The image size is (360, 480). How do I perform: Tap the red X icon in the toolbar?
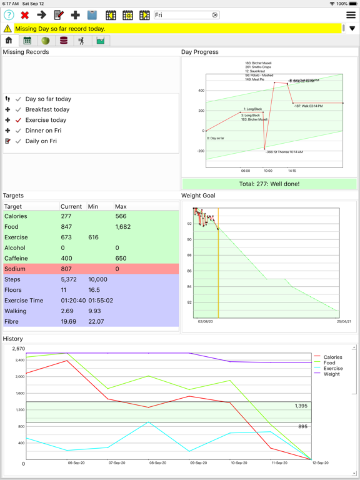click(25, 15)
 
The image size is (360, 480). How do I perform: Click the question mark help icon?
click(9, 15)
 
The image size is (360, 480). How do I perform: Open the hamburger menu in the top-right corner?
click(351, 15)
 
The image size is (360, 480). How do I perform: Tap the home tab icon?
click(9, 41)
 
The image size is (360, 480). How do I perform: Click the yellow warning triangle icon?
click(7, 29)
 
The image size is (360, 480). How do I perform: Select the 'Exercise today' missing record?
click(46, 120)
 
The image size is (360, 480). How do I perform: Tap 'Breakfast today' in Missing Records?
click(47, 109)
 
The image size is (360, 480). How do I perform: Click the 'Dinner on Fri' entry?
click(43, 131)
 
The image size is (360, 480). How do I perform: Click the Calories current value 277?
click(66, 216)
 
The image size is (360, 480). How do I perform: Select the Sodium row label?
click(15, 269)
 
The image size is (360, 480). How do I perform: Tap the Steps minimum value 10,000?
click(99, 279)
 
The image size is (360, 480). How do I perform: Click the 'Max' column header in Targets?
click(121, 206)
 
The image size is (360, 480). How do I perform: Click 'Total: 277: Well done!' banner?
click(269, 184)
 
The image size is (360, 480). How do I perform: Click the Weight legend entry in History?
click(331, 374)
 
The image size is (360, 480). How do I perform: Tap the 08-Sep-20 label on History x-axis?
click(157, 463)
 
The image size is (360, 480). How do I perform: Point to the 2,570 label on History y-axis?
click(18, 349)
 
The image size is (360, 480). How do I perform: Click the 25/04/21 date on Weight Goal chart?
click(344, 321)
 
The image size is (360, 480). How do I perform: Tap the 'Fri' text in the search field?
click(159, 15)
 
